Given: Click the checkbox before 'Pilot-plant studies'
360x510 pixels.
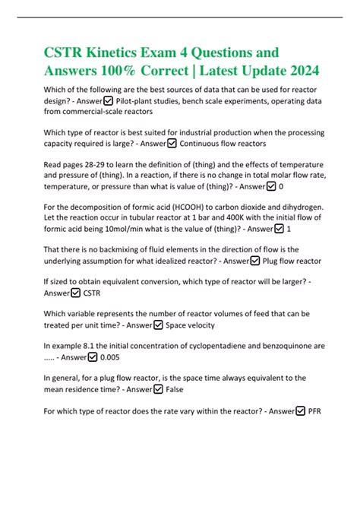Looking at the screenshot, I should click(x=109, y=100).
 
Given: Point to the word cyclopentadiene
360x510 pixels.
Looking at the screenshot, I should click(x=221, y=345).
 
